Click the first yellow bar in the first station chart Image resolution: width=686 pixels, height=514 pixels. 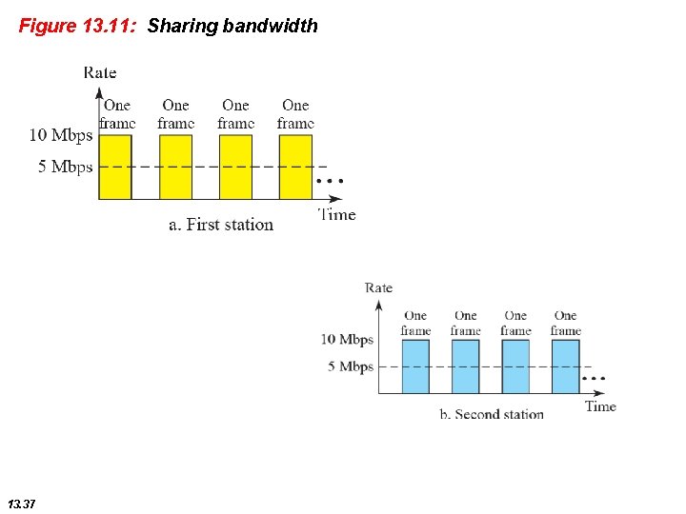pos(116,167)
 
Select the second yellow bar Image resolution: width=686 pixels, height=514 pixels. pos(175,167)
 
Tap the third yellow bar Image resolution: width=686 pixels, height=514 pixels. pos(235,167)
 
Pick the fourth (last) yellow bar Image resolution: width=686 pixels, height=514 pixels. pos(295,167)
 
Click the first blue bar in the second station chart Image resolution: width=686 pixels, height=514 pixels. pos(415,366)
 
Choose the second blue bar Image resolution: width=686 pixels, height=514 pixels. pos(465,366)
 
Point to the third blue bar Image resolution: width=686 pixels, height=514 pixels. pos(515,366)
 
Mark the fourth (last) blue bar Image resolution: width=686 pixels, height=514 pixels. pos(565,366)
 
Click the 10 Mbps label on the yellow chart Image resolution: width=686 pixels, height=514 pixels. pos(61,135)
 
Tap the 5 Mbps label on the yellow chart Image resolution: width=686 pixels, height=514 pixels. pos(66,167)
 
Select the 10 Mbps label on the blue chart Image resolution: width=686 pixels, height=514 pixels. pos(347,340)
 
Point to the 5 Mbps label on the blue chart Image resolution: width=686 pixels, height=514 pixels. pos(351,366)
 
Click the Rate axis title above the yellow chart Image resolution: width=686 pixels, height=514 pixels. pos(100,72)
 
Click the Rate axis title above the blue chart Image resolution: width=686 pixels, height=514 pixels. pos(378,287)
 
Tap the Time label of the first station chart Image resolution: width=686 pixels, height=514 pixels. pos(337,214)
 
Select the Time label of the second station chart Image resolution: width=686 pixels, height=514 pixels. pos(600,406)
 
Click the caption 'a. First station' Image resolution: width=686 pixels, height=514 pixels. pos(221,225)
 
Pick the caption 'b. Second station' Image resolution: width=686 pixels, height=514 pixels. pos(492,414)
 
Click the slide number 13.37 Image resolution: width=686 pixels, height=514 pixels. pos(21,503)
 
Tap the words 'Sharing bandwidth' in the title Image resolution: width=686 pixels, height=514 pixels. pos(232,26)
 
